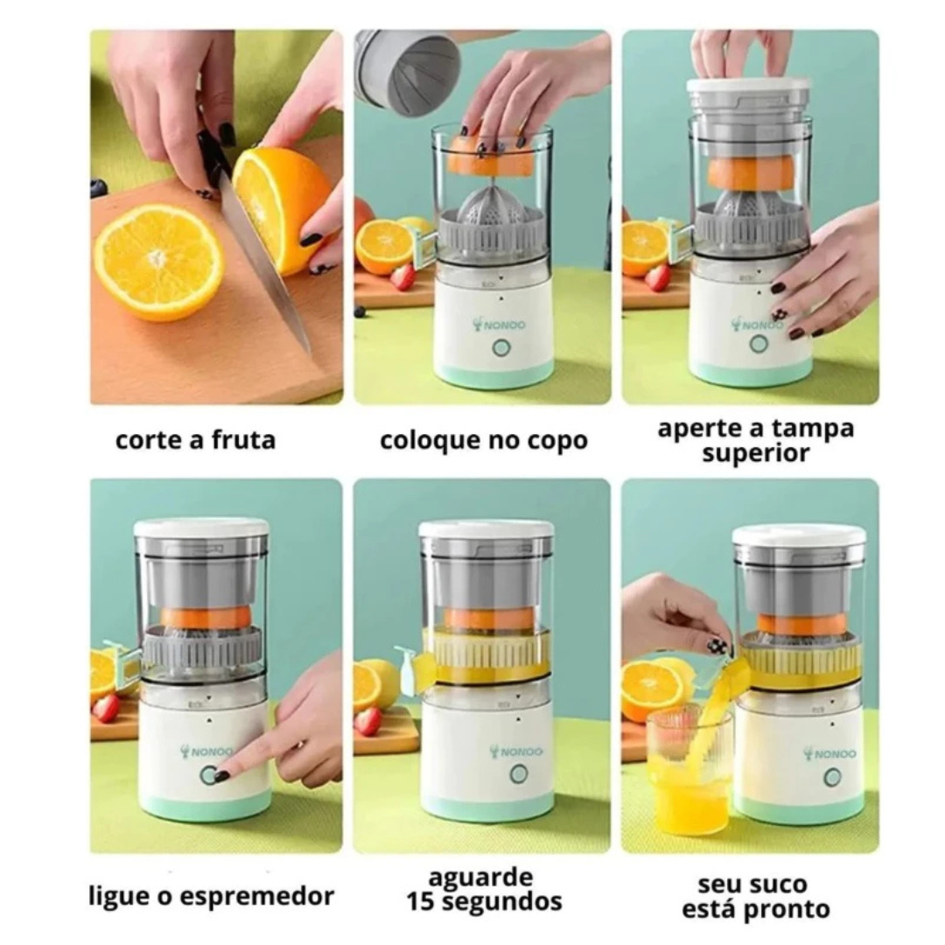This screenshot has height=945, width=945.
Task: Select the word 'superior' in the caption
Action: point(755,454)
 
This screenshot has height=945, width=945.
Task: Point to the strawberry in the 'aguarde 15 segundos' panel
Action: point(367,721)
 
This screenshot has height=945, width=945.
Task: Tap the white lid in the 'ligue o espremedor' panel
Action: point(201,528)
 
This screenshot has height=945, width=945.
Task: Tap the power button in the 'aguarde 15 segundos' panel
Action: point(519,773)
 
